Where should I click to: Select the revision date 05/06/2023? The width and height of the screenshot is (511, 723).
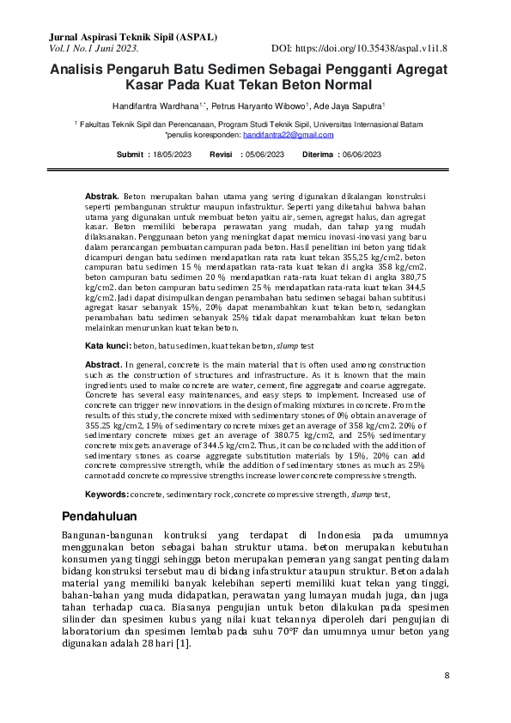265,155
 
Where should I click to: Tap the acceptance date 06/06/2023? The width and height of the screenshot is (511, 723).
361,155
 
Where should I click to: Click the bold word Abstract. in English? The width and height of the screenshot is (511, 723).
104,365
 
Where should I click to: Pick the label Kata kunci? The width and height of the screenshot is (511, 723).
107,345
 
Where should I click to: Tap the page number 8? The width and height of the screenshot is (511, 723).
447,676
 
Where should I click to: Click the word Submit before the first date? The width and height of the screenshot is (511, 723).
130,155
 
